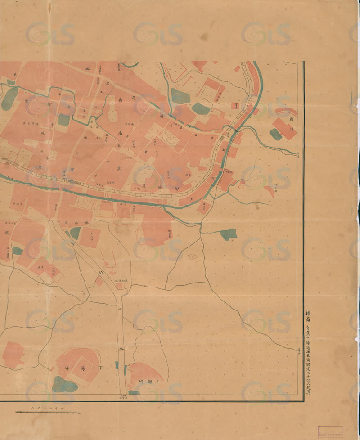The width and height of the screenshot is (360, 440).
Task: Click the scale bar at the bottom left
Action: tap(47, 411)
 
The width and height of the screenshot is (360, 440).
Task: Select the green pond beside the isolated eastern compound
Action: tap(275, 133)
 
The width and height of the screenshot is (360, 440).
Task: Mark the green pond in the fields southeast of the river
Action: tap(228, 234)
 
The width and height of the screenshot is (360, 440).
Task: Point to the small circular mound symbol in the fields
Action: tap(192, 257)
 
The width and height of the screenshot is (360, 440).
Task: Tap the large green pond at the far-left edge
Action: tap(9, 99)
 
